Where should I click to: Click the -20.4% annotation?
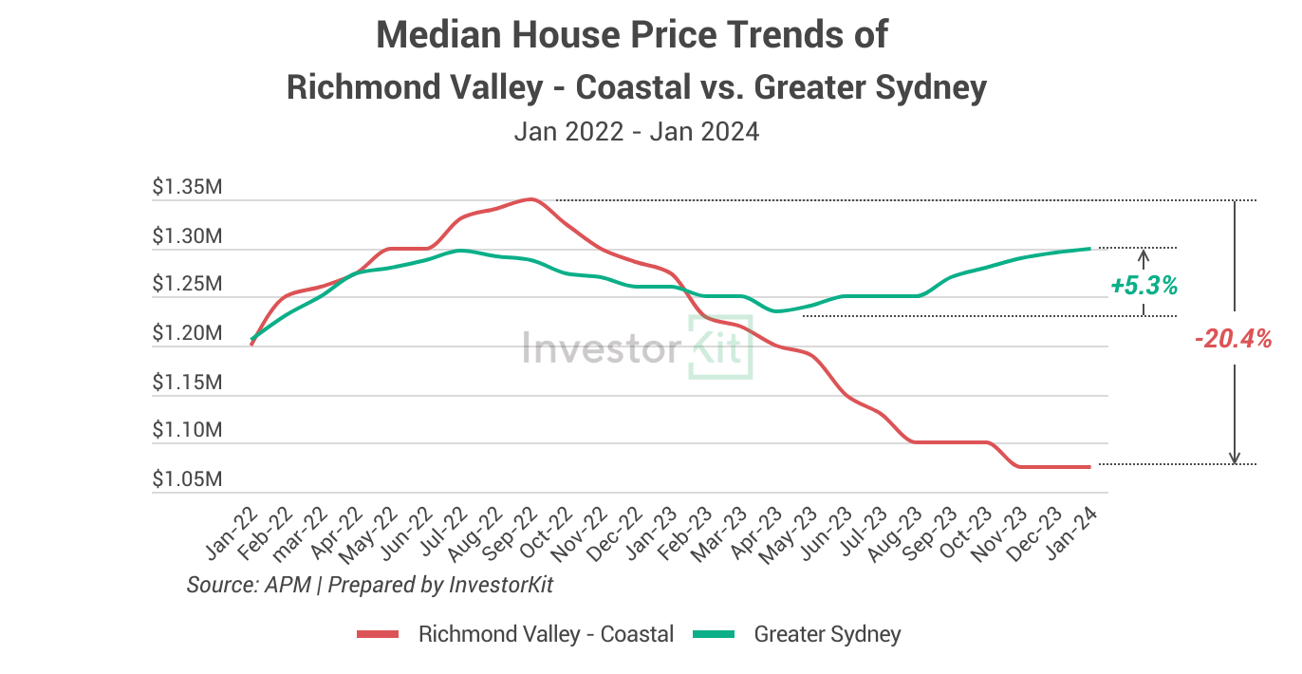(1234, 338)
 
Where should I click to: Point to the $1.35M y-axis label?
(187, 187)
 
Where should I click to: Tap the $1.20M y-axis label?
(187, 333)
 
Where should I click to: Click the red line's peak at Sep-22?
(530, 199)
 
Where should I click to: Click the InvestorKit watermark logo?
(638, 347)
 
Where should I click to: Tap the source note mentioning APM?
(370, 585)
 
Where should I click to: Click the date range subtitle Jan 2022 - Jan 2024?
(636, 131)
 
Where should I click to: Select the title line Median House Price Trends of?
(632, 35)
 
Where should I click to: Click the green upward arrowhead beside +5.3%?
(1144, 254)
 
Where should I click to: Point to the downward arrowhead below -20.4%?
(1235, 459)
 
